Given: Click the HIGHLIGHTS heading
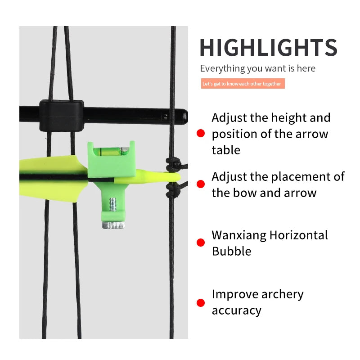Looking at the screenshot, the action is [x=268, y=48].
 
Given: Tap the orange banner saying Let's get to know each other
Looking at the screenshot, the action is [x=243, y=84].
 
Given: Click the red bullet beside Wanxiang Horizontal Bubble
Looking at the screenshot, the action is [x=201, y=243].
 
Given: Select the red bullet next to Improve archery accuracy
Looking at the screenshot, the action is [x=201, y=302].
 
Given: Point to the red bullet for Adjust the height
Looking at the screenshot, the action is [x=201, y=133].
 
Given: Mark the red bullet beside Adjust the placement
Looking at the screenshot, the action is [x=201, y=184].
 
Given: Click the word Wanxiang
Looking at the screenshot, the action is [x=239, y=236].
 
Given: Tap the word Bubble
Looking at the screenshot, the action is [x=231, y=251].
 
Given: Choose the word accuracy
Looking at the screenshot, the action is [x=237, y=311].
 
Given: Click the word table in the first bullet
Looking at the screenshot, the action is [x=226, y=150].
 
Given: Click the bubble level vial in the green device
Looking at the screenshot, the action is [x=111, y=151].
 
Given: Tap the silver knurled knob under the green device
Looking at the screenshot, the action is [x=113, y=225].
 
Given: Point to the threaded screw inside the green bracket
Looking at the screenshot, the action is [x=112, y=205].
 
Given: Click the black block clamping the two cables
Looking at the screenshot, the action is [x=62, y=116].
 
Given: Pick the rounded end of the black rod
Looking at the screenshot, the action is [x=184, y=117].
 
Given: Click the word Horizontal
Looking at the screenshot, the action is [x=299, y=235].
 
